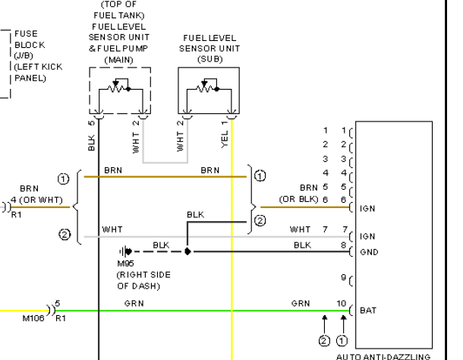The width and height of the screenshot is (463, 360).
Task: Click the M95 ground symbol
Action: click(125, 251)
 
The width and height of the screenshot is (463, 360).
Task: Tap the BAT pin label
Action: click(368, 311)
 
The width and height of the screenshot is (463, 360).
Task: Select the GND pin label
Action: click(369, 252)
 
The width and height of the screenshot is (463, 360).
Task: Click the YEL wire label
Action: click(225, 140)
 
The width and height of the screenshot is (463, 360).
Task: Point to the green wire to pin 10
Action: click(202, 311)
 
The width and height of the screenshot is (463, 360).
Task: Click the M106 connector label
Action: click(33, 318)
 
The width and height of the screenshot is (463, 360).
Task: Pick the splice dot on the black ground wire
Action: click(187, 251)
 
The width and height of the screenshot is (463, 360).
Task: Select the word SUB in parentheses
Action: click(210, 59)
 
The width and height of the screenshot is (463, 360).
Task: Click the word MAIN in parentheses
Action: click(119, 60)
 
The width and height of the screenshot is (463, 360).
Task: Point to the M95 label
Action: click(126, 263)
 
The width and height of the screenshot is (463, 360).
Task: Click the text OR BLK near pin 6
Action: click(298, 199)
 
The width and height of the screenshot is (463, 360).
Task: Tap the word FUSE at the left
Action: click(26, 33)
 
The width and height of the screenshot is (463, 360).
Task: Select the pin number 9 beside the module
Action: click(343, 277)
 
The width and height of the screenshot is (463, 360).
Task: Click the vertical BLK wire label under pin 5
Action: click(92, 143)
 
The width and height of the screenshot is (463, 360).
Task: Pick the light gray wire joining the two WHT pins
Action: click(165, 163)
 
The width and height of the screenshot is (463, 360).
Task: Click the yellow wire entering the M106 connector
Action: click(24, 311)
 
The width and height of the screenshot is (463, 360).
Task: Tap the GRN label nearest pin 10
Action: click(301, 303)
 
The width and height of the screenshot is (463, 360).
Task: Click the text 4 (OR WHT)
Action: click(37, 200)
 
